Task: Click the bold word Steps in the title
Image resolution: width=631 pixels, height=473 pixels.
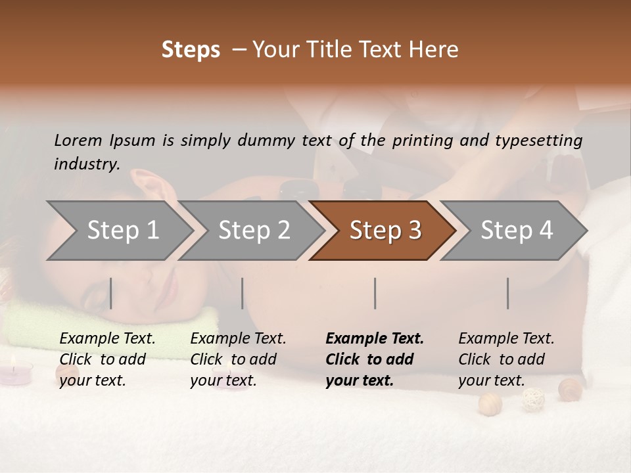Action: (x=191, y=50)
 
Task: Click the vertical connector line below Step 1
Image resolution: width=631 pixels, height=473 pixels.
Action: (x=111, y=293)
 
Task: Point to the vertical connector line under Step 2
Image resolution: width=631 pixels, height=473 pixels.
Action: (x=243, y=293)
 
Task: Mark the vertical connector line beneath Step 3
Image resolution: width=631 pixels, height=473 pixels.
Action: (x=375, y=293)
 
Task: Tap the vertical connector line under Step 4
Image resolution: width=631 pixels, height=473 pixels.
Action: (x=508, y=293)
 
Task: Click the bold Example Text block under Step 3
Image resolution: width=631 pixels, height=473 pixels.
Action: (x=375, y=359)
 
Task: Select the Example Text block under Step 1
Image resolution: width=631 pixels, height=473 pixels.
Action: (x=107, y=359)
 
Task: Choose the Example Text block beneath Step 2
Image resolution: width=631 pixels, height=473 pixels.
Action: (x=238, y=359)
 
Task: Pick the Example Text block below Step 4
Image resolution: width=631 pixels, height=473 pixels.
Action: (x=506, y=359)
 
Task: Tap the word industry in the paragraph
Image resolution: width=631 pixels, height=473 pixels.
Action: (x=87, y=164)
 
